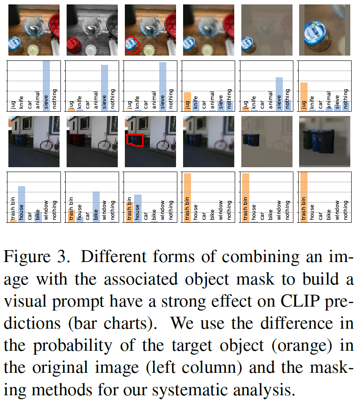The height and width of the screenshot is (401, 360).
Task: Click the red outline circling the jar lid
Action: tap(132, 45)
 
